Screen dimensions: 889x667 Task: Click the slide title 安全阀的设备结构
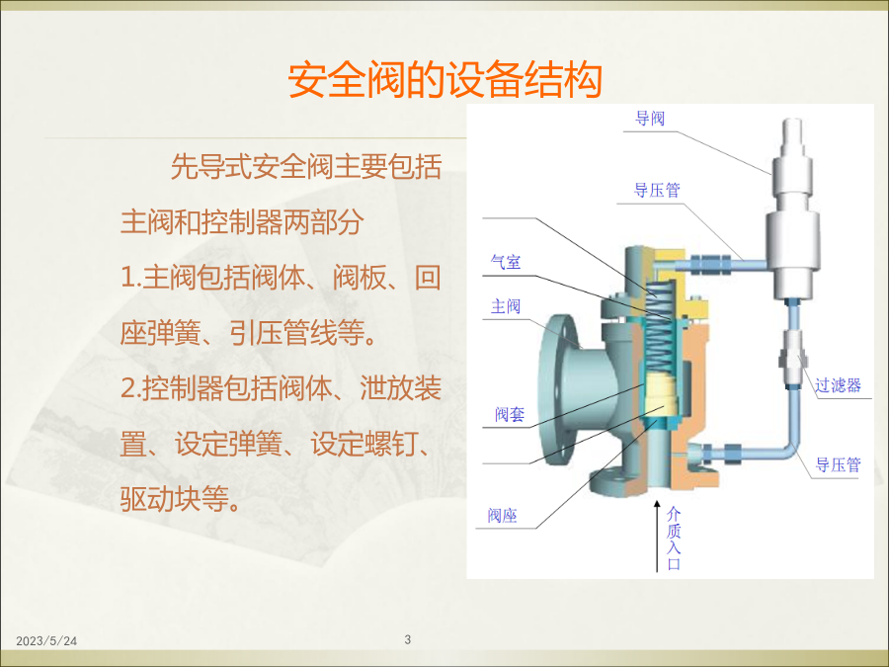point(445,80)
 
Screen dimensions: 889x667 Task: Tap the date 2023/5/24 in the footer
point(46,641)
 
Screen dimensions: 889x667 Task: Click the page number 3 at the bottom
point(408,639)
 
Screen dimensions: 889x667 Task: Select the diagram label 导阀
point(650,119)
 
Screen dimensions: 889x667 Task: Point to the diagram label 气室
point(506,262)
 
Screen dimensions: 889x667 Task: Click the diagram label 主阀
point(506,306)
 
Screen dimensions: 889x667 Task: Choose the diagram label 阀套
point(509,415)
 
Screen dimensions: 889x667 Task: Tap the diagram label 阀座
point(503,516)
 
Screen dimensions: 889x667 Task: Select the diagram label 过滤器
point(838,385)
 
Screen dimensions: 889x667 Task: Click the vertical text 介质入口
point(674,539)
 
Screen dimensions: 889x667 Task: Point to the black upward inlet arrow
point(657,536)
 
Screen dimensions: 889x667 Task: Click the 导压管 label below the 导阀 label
point(657,190)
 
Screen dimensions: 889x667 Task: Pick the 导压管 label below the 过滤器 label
point(838,465)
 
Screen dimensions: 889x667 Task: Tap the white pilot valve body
point(792,209)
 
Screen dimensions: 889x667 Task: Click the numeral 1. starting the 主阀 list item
point(131,278)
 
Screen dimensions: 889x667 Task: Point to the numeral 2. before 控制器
point(131,388)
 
